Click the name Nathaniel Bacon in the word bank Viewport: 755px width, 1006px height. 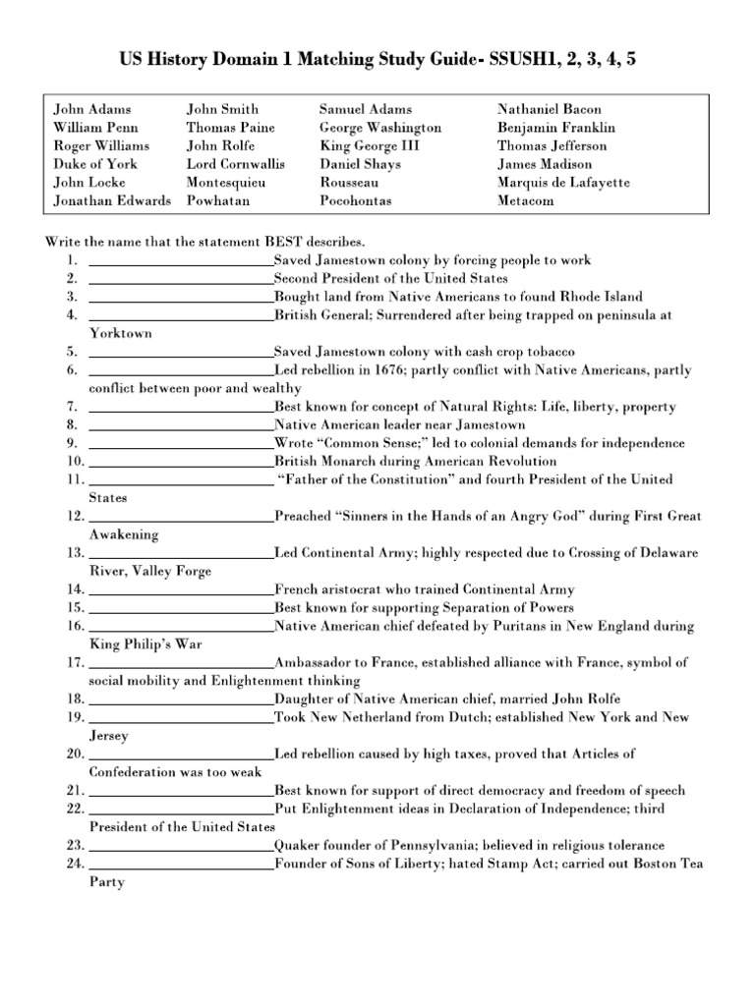(x=550, y=109)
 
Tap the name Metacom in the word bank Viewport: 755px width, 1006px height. (x=526, y=200)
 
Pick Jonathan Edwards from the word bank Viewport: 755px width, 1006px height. (x=112, y=200)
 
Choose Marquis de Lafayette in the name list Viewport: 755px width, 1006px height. (x=563, y=183)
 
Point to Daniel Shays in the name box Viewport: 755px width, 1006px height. (x=357, y=164)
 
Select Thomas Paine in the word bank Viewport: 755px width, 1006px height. (x=230, y=128)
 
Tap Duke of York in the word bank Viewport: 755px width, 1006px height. (x=95, y=164)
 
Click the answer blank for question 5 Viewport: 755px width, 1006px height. (x=181, y=352)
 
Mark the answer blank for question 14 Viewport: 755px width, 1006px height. (x=181, y=589)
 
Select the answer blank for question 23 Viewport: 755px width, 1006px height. (x=181, y=846)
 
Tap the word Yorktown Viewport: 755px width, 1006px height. (x=121, y=334)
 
